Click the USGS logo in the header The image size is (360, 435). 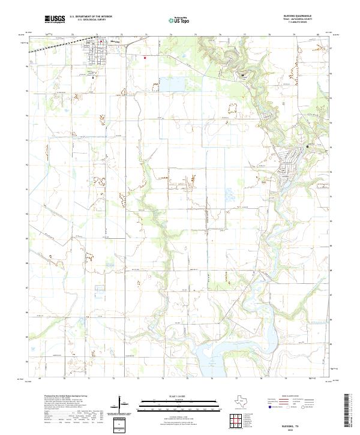tap(55, 19)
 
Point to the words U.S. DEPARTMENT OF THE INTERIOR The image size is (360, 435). tap(91, 17)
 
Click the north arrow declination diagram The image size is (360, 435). tap(122, 403)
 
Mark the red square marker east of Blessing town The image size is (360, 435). tap(145, 58)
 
